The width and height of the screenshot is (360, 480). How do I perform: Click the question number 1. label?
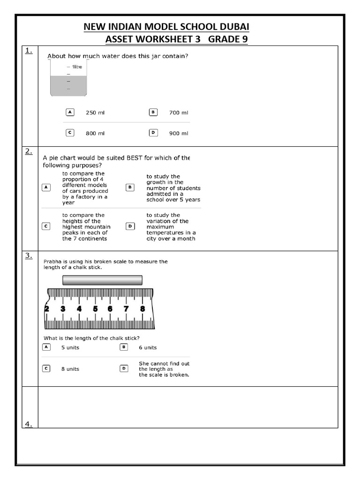pyautogui.click(x=29, y=51)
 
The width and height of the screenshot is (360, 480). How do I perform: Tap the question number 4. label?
pyautogui.click(x=29, y=424)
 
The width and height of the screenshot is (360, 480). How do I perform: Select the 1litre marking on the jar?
pyautogui.click(x=77, y=67)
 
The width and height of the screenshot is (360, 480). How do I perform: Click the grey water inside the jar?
pyautogui.click(x=68, y=86)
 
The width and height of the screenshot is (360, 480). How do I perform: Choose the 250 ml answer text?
pyautogui.click(x=95, y=112)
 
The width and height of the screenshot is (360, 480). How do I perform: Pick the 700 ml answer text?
pyautogui.click(x=179, y=112)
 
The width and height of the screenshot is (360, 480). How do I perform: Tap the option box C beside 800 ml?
pyautogui.click(x=70, y=133)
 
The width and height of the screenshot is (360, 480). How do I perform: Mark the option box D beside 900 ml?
pyautogui.click(x=153, y=133)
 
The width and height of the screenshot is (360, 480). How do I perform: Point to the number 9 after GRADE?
pyautogui.click(x=244, y=39)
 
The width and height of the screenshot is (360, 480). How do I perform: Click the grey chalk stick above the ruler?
pyautogui.click(x=102, y=280)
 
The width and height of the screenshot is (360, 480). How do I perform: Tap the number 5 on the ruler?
pyautogui.click(x=95, y=308)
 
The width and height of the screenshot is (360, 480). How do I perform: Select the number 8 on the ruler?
pyautogui.click(x=142, y=308)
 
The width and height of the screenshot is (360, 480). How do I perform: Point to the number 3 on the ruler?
pyautogui.click(x=63, y=308)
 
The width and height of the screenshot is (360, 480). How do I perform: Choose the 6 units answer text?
pyautogui.click(x=148, y=347)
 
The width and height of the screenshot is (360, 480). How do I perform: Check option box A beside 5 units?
pyautogui.click(x=46, y=347)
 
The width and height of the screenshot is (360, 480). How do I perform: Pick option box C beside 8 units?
pyautogui.click(x=46, y=368)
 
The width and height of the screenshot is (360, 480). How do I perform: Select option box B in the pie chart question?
pyautogui.click(x=130, y=187)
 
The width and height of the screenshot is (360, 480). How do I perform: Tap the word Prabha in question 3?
pyautogui.click(x=52, y=262)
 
